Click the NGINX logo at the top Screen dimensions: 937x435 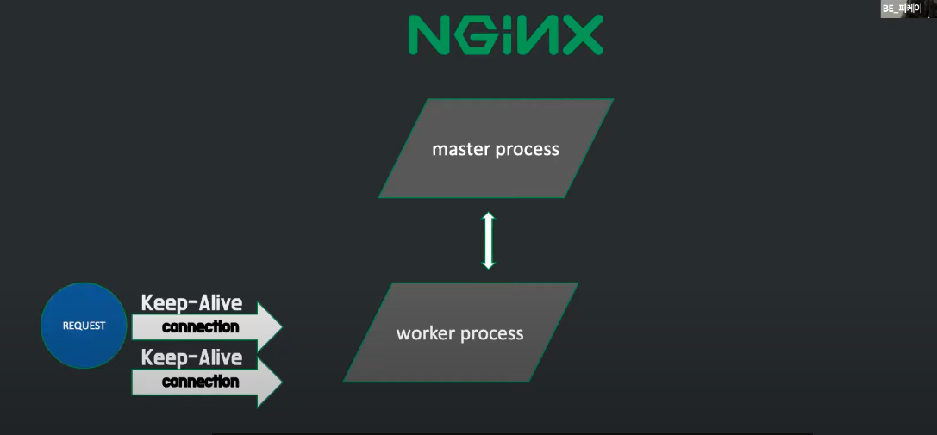pyautogui.click(x=505, y=35)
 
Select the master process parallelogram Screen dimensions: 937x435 pyautogui.click(x=496, y=148)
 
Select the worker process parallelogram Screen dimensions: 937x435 pyautogui.click(x=460, y=332)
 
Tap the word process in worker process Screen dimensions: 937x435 pyautogui.click(x=491, y=334)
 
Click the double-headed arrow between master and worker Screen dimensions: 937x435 pyautogui.click(x=489, y=240)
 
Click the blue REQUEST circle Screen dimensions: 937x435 pyautogui.click(x=84, y=326)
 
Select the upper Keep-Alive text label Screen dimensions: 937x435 pyautogui.click(x=191, y=303)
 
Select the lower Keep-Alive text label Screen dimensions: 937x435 pyautogui.click(x=191, y=357)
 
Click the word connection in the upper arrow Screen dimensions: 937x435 pyautogui.click(x=200, y=327)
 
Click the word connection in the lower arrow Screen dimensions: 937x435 pyautogui.click(x=200, y=381)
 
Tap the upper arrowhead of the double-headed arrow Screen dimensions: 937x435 pyautogui.click(x=489, y=217)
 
